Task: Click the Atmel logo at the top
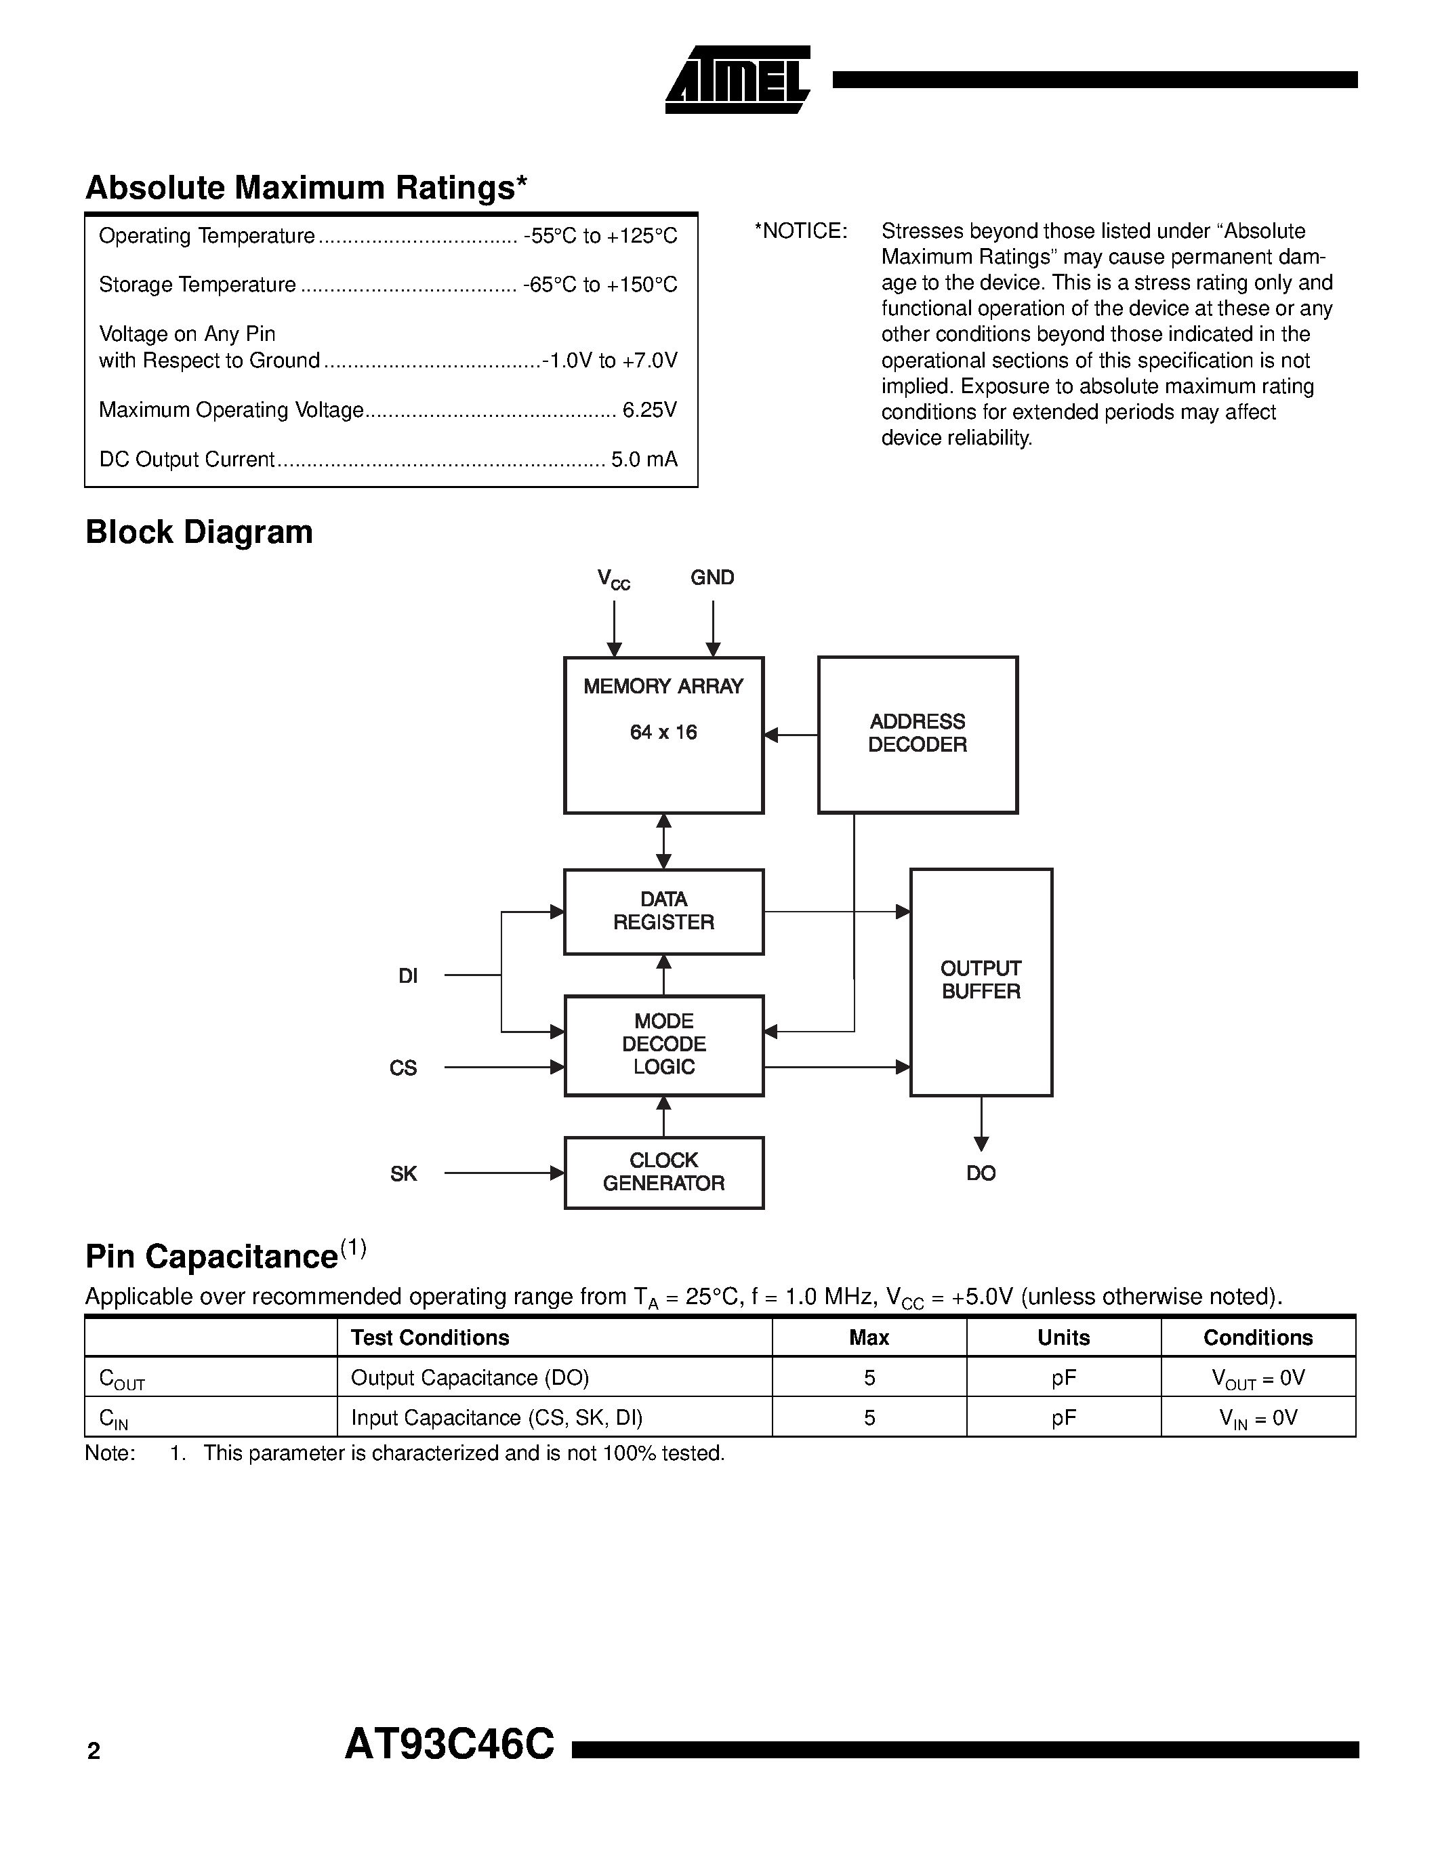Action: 737,79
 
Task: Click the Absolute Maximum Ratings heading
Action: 306,188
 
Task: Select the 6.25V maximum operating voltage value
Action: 649,411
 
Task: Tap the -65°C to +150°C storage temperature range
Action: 600,285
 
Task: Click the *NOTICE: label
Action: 800,231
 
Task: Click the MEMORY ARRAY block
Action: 663,735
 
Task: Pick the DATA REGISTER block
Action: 663,911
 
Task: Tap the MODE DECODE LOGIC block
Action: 663,1045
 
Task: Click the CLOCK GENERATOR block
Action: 663,1172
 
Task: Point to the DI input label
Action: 408,975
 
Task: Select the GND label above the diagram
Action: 712,578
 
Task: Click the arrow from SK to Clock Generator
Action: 503,1173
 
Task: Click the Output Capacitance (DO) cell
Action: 470,1377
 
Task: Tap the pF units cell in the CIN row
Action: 1063,1417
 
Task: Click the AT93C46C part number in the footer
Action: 449,1745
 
